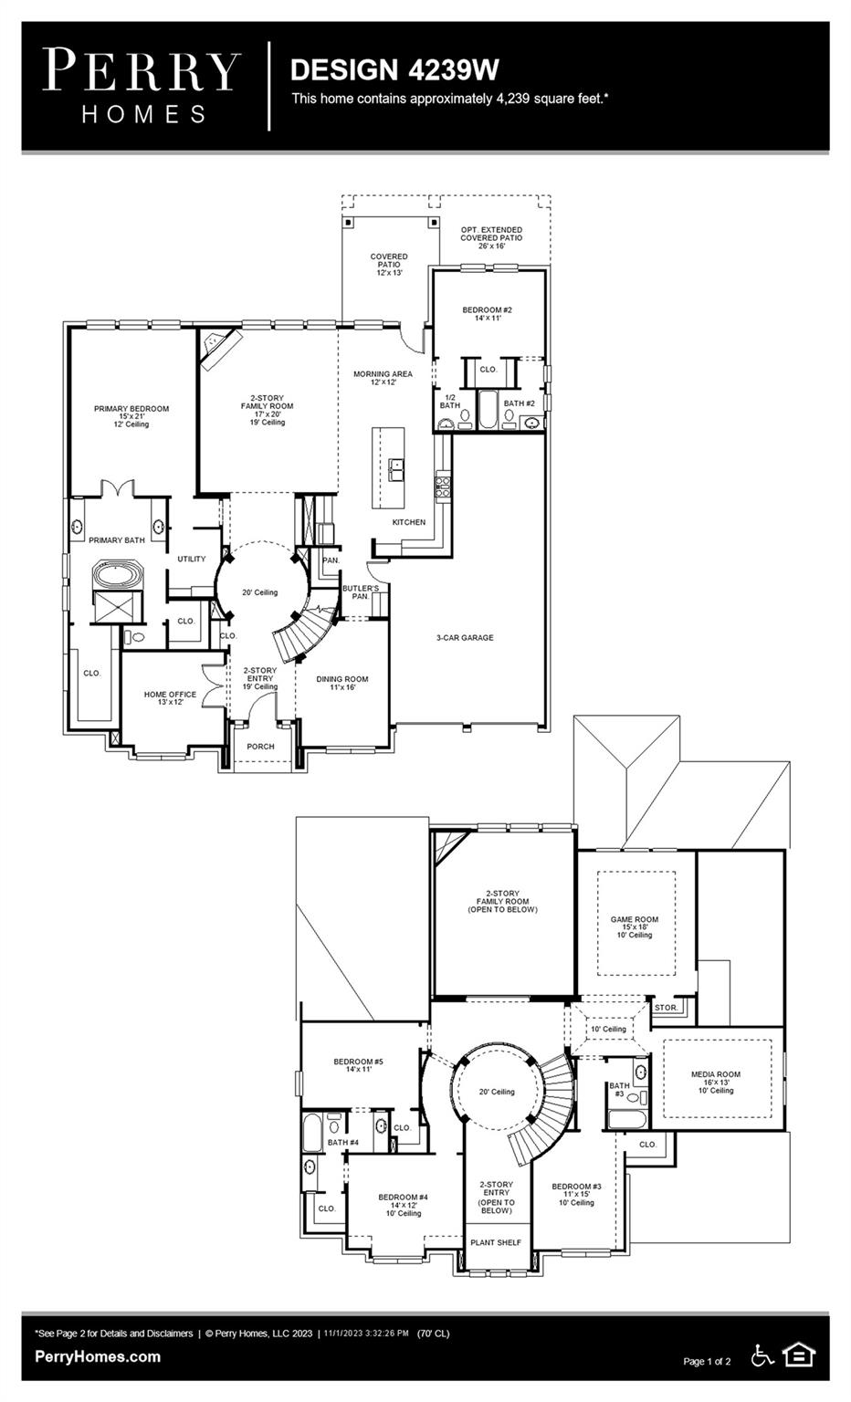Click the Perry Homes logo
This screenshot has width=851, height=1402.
coord(141,86)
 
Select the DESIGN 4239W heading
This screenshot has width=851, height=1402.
coord(394,70)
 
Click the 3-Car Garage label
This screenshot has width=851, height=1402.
coord(464,638)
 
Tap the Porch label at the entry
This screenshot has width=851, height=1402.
coord(260,747)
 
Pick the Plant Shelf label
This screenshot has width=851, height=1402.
coord(496,1242)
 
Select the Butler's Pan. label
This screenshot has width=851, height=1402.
coord(360,592)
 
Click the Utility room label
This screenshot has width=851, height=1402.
coord(192,559)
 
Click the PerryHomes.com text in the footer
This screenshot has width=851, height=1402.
coord(98,1356)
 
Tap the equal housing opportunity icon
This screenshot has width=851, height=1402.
coord(799,1355)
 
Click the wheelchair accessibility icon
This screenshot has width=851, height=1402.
coord(762,1355)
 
